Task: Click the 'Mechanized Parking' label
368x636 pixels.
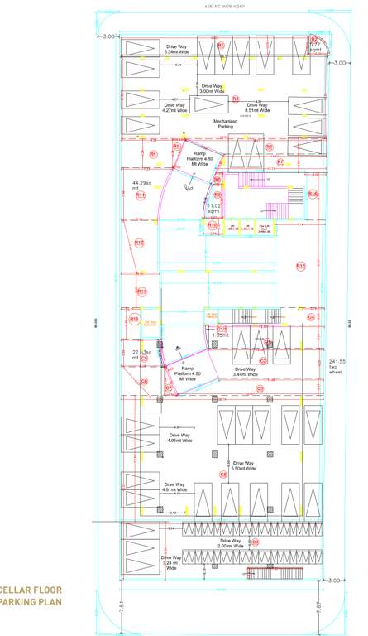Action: tap(225, 123)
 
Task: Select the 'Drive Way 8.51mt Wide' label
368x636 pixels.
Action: tap(257, 105)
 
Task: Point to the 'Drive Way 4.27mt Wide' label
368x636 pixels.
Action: tap(176, 105)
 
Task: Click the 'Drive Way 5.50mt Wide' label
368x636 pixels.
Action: tap(244, 465)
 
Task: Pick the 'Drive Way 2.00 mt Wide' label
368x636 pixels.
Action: tap(231, 543)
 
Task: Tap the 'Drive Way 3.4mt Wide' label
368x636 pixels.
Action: tap(246, 372)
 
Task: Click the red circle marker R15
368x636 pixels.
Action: tap(301, 266)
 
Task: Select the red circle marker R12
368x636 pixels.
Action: tap(140, 243)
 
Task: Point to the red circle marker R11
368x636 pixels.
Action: tap(141, 195)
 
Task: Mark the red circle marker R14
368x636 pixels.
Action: tap(313, 193)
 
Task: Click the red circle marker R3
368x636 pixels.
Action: tap(236, 99)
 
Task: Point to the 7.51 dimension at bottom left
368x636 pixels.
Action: tap(120, 607)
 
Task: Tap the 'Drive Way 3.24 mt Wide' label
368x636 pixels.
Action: tap(171, 563)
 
